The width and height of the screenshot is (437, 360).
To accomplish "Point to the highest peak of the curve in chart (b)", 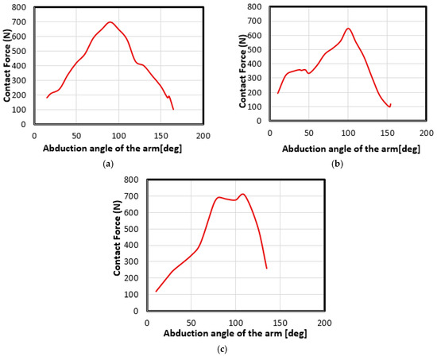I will coord(348,29).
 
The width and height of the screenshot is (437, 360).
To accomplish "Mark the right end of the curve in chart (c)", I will coord(266,268).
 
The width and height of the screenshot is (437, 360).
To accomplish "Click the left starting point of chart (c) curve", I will coord(156,292).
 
